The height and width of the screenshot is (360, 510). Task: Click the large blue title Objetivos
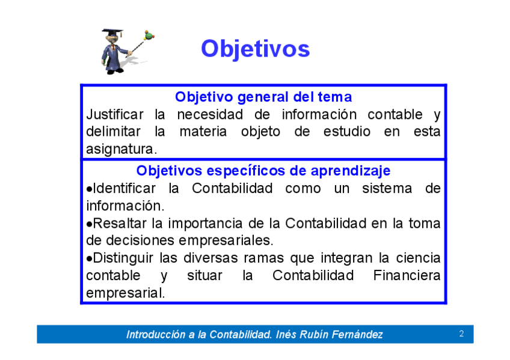pyautogui.click(x=256, y=49)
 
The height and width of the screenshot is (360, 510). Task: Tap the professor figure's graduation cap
pyautogui.click(x=112, y=33)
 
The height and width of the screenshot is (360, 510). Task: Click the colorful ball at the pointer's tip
pyautogui.click(x=149, y=35)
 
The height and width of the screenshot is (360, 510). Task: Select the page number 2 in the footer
pyautogui.click(x=461, y=334)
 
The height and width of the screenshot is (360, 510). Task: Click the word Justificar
pyautogui.click(x=114, y=114)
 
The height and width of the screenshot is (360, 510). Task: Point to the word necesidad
pyautogui.click(x=210, y=114)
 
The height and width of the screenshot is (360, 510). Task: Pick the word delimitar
pyautogui.click(x=113, y=132)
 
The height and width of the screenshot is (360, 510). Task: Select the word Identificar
pyautogui.click(x=124, y=189)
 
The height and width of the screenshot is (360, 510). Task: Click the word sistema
pyautogui.click(x=387, y=189)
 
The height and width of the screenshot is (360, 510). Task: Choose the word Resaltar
pyautogui.click(x=120, y=224)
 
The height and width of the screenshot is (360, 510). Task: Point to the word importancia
pyautogui.click(x=205, y=224)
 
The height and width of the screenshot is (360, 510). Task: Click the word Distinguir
pyautogui.click(x=123, y=258)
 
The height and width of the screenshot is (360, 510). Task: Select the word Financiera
pyautogui.click(x=407, y=275)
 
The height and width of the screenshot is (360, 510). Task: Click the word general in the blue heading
pyautogui.click(x=263, y=97)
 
